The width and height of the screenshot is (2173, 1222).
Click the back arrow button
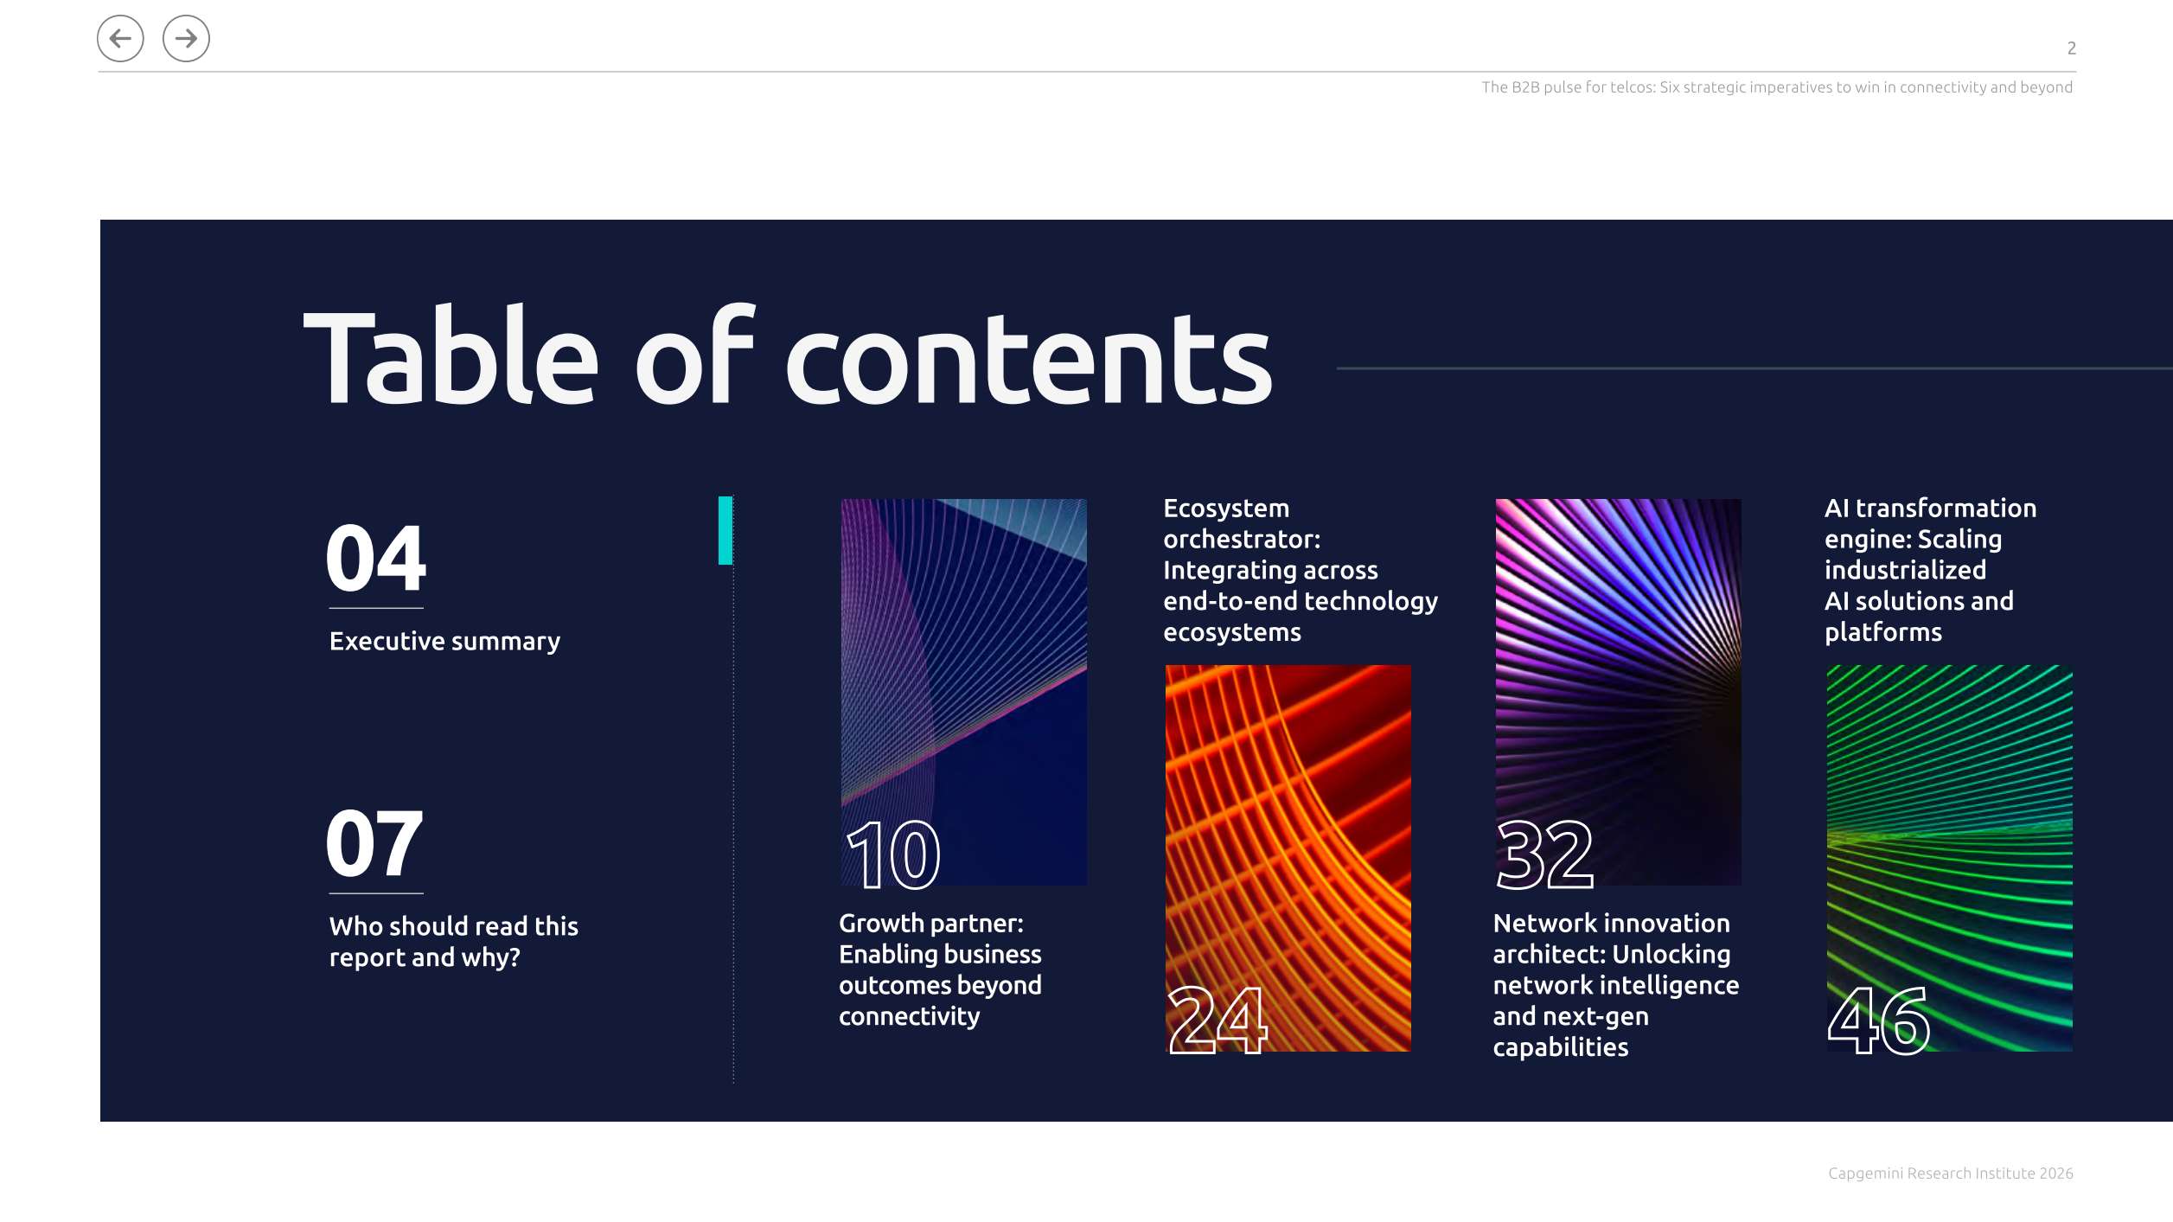tap(120, 39)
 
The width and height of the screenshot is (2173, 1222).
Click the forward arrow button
tap(186, 39)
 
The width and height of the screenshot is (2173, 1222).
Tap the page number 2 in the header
tap(2071, 48)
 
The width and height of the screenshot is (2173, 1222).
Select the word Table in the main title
tap(451, 355)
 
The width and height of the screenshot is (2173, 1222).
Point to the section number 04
tap(375, 558)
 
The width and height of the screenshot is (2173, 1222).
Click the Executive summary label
tap(444, 642)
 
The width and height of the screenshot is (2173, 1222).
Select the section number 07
tap(374, 843)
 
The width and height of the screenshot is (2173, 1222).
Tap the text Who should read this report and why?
tap(453, 942)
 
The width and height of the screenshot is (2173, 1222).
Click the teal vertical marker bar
tap(725, 530)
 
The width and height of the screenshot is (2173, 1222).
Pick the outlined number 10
tap(893, 854)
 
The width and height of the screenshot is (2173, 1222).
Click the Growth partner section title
tap(940, 969)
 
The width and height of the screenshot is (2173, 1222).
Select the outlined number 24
tap(1218, 1020)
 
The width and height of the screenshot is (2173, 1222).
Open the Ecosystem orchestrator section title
tap(1301, 570)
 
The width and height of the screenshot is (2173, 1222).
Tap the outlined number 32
tap(1545, 854)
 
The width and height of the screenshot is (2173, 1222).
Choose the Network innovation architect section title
tap(1615, 985)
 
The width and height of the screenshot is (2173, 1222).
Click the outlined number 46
tap(1878, 1020)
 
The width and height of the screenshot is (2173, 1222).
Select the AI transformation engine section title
tap(1930, 570)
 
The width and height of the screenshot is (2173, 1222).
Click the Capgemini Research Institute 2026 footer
tap(1950, 1174)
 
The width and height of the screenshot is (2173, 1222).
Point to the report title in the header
tap(1777, 87)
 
